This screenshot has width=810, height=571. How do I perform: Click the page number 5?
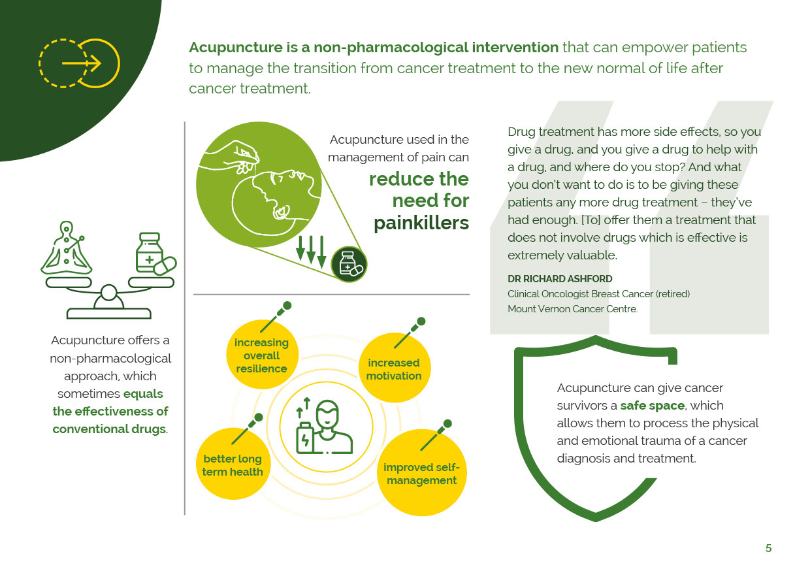pos(768,548)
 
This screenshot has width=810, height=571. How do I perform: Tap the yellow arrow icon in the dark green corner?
pos(80,63)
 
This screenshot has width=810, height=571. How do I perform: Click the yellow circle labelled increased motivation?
pos(393,368)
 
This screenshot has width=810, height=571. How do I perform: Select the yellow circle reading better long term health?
pos(233,464)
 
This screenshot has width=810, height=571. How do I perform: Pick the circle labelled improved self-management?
pos(421,473)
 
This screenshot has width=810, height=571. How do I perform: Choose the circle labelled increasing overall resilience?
pos(262,355)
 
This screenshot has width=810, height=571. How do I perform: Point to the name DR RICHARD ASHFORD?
pos(560,278)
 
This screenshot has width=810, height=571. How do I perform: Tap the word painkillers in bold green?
pos(421,223)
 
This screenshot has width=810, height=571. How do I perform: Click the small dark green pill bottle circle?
pos(349,264)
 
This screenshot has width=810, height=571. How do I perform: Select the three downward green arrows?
pos(311,252)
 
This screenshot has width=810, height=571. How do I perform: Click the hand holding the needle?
pos(235,153)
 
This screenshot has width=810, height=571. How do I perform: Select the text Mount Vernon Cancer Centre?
pos(572,309)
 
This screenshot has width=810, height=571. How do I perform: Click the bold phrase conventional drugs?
pos(109,429)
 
